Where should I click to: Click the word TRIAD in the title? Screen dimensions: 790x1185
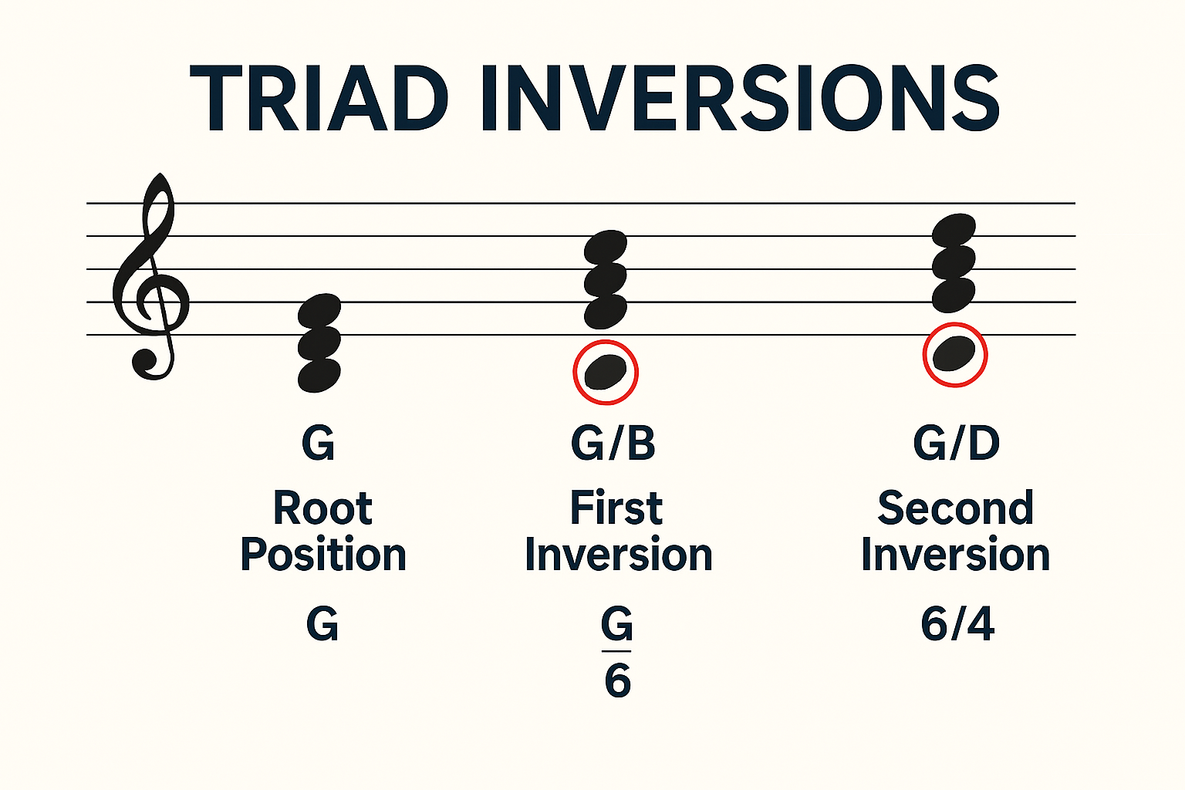pos(319,100)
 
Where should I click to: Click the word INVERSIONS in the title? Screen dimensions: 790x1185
pos(740,100)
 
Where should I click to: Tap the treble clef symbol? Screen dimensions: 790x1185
pos(151,278)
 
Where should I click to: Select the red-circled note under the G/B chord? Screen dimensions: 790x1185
pos(606,372)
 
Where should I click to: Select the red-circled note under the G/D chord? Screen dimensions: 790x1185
pos(955,354)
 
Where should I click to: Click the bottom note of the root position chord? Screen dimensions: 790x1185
pos(319,375)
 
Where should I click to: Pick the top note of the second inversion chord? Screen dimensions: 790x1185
pos(954,231)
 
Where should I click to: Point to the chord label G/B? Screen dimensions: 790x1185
pos(613,443)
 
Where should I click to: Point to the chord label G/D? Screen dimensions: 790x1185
pos(957,443)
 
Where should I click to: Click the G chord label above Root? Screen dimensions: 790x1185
pos(319,443)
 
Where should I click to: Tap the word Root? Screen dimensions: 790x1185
pos(322,509)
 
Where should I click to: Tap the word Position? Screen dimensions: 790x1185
pos(323,555)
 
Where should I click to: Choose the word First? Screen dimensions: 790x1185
pos(616,509)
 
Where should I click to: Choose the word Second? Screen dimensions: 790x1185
pos(956,509)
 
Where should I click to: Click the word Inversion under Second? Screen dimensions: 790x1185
pos(956,555)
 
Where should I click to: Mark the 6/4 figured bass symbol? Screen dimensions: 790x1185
pos(957,623)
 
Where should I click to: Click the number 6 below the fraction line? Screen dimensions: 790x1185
pos(617,680)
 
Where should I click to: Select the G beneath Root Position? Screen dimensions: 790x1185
pos(322,623)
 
